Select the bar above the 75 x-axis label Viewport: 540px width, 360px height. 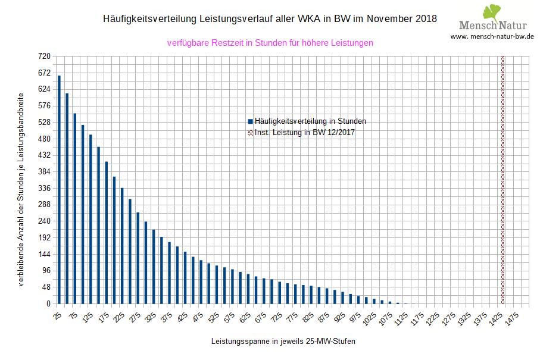75,208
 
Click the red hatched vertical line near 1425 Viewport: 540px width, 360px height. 502,179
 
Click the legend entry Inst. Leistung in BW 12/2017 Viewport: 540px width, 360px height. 304,132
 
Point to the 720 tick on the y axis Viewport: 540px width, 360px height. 44,57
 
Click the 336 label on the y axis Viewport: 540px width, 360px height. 44,189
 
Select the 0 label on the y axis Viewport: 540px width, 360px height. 48,304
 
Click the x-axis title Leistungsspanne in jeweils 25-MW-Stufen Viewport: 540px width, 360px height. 283,342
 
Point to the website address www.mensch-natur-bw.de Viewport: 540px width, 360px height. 492,36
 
